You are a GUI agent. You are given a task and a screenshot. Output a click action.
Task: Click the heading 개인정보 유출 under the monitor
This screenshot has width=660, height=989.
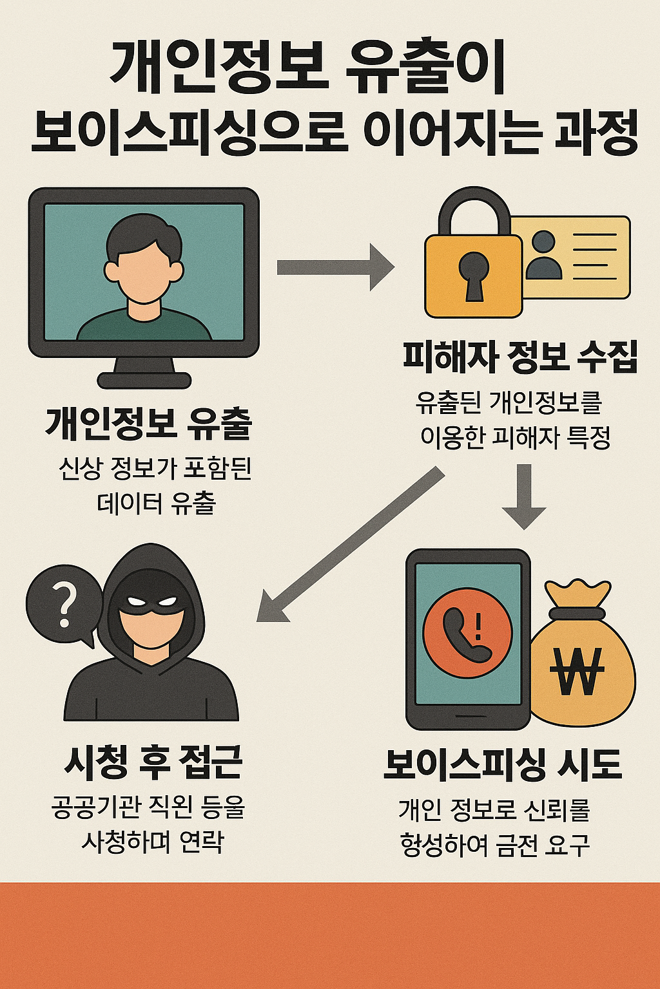[x=148, y=424]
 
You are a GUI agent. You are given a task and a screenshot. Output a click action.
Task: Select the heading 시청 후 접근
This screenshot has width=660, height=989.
[x=153, y=762]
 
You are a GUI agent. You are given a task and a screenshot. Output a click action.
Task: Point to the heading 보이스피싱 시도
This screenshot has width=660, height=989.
[x=503, y=764]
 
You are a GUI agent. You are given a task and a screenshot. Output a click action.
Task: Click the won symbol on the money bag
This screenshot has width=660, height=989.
[x=577, y=670]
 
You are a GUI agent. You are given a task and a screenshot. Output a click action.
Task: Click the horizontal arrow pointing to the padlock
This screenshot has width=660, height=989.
[x=335, y=267]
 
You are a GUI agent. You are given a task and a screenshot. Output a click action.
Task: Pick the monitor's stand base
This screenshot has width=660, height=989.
[x=144, y=380]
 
